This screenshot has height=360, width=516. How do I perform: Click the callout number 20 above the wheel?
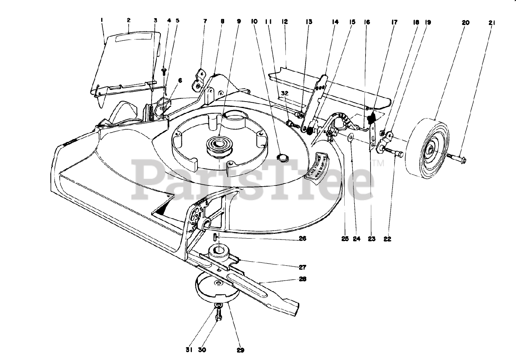pos(465,23)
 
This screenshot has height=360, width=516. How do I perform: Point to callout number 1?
pos(102,20)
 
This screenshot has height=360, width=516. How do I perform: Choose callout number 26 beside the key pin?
pos(302,239)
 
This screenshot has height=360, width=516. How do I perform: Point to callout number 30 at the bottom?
pos(202,350)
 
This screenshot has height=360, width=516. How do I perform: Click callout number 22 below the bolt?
pos(387,239)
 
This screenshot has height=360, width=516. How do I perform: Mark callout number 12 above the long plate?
pos(285,23)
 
